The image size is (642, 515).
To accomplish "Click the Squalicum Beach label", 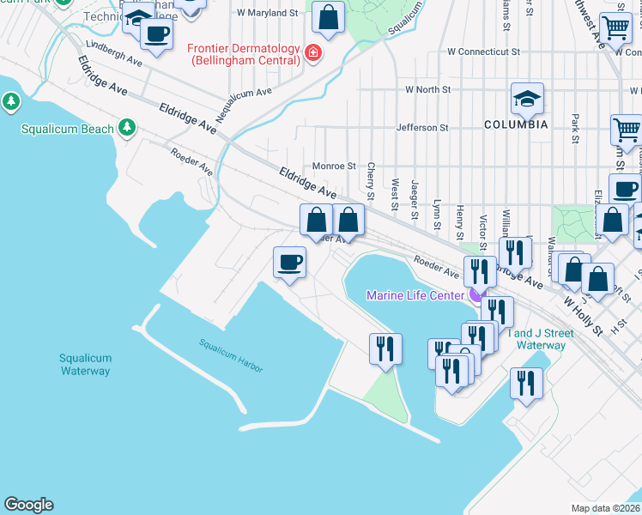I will pos(67,129).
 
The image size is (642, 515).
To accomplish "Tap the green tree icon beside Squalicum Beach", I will pos(127,128).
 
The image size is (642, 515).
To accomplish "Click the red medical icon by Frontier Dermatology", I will pos(314,53).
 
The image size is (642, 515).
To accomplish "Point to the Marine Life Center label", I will pos(415,295).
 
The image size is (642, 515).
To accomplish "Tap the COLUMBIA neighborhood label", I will pos(515,124).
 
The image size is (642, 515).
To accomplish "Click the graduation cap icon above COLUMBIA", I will pos(527,98).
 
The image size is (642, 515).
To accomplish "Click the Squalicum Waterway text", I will pos(85,365).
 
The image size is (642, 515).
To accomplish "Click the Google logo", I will pos(28,505).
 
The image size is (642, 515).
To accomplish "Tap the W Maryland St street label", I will pos(267,13).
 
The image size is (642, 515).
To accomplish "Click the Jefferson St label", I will pos(421,128).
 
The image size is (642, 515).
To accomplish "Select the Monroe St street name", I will pos(334,166).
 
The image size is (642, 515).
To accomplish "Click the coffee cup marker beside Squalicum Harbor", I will pos(289,262).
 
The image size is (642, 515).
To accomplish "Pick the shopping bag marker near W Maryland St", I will pos(328,16).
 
